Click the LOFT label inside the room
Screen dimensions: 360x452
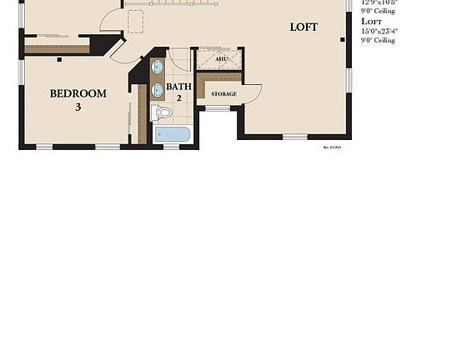[x=304, y=27]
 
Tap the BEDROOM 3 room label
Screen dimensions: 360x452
[x=78, y=100]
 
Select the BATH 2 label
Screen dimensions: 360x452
[x=178, y=92]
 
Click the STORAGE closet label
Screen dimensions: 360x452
[x=223, y=94]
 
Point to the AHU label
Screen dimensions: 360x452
[x=221, y=59]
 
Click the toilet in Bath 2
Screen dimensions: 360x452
[x=163, y=112]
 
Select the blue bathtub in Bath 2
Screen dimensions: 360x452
[x=173, y=134]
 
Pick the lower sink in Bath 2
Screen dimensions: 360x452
[x=158, y=89]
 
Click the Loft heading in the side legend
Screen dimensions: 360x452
[x=372, y=22]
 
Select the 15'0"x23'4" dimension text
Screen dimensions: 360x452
[x=379, y=31]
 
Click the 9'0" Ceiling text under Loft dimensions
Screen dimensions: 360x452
[x=378, y=40]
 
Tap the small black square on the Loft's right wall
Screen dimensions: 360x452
[x=343, y=39]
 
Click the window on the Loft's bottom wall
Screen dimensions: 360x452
[x=294, y=137]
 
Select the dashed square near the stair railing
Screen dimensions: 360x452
[x=135, y=21]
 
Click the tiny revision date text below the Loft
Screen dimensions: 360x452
[x=332, y=147]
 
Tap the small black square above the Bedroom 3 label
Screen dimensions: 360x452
[x=59, y=59]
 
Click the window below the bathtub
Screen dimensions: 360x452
[x=172, y=147]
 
